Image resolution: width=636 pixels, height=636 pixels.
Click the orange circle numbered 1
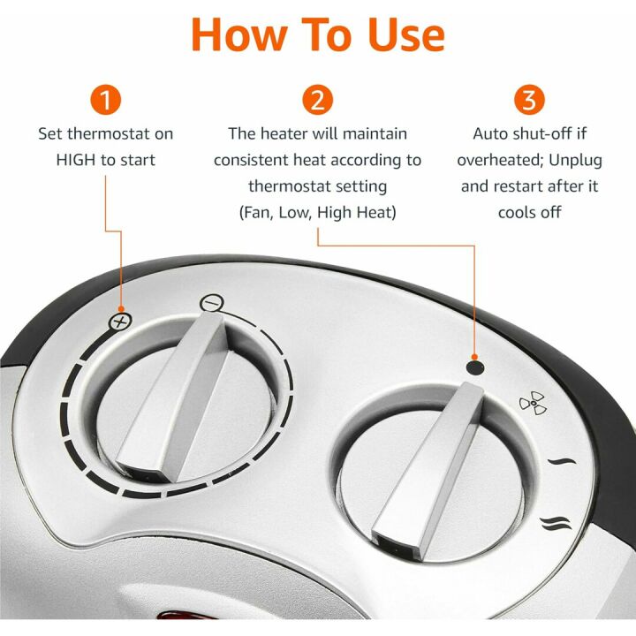[x=105, y=100]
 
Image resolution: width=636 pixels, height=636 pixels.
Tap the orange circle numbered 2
[x=317, y=100]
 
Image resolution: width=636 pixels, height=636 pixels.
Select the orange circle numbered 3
[x=528, y=100]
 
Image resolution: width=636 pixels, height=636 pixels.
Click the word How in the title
[x=233, y=35]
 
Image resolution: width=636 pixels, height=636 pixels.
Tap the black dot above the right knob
[x=476, y=368]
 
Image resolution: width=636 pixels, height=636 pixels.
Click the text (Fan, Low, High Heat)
[x=317, y=212]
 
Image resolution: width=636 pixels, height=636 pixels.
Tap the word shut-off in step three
[x=549, y=134]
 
